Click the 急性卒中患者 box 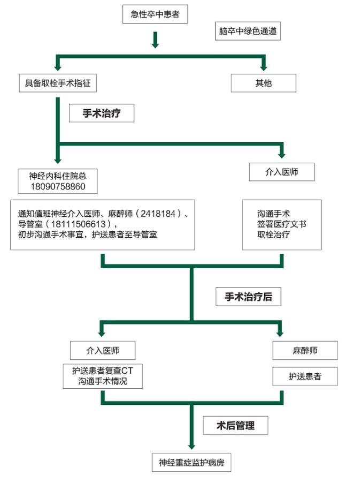click(x=155, y=14)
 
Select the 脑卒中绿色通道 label click(x=248, y=31)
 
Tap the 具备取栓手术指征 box click(x=58, y=83)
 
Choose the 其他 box click(x=263, y=83)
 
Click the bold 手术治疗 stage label click(x=102, y=113)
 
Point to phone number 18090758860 click(x=58, y=186)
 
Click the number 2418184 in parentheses click(x=158, y=214)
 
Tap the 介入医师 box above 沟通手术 click(x=282, y=172)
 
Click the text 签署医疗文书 click(x=282, y=224)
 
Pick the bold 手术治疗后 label click(x=248, y=297)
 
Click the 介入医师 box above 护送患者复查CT click(x=103, y=350)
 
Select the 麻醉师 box click(x=305, y=350)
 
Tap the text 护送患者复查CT click(x=103, y=370)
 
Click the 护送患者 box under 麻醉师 click(x=305, y=376)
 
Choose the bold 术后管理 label click(x=235, y=425)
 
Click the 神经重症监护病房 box click(x=192, y=463)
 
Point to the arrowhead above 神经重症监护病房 click(x=192, y=447)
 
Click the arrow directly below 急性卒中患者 click(x=155, y=40)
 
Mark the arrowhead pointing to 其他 click(x=263, y=67)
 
